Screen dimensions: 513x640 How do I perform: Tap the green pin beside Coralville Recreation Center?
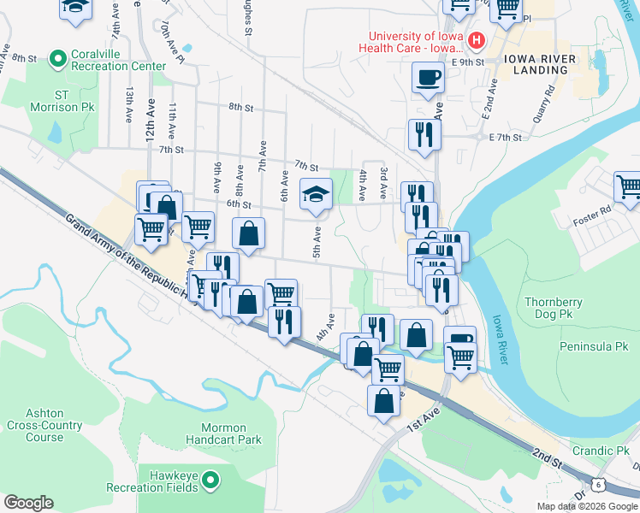[x=58, y=59]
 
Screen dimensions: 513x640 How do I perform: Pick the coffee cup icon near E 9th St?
[x=427, y=78]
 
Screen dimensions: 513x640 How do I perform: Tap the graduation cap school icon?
[x=315, y=194]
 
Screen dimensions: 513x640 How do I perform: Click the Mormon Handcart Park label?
[x=218, y=433]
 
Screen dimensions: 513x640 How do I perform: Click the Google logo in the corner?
[x=28, y=503]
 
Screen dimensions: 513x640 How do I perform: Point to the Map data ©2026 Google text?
[x=587, y=506]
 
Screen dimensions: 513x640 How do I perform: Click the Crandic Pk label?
[x=601, y=451]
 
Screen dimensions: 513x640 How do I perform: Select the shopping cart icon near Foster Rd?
[x=628, y=186]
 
